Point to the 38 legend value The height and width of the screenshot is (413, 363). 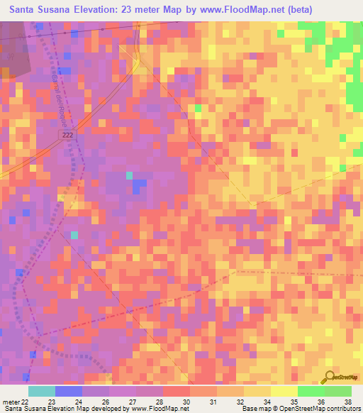point(349,402)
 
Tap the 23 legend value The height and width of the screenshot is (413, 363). point(52,402)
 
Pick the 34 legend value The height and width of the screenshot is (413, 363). point(268,402)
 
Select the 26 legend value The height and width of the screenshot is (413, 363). point(106,402)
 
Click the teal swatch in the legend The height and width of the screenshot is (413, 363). point(42,391)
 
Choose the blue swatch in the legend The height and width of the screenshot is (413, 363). point(69,391)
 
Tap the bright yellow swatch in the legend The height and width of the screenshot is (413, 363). point(284,391)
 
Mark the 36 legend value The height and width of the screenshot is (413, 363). point(322,402)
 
